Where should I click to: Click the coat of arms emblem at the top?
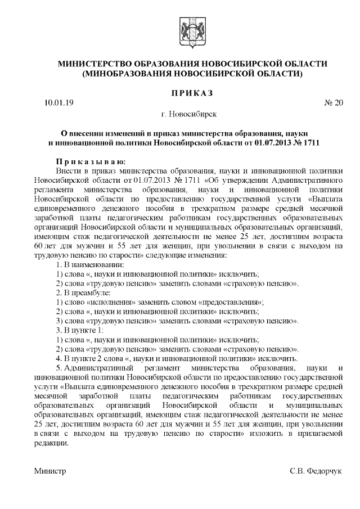188,28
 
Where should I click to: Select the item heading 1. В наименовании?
91,264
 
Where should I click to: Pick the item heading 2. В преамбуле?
84,293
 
